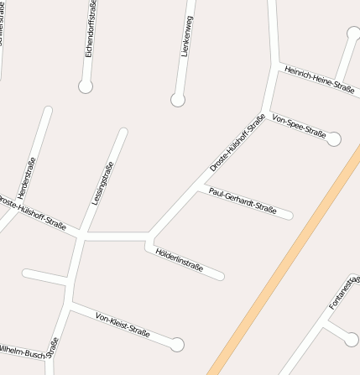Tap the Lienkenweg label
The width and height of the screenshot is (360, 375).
coord(186,35)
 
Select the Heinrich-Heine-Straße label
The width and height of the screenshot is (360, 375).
coord(320,77)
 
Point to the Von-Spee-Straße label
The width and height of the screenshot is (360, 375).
coord(299,126)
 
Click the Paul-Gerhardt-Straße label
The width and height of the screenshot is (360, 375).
coord(243,200)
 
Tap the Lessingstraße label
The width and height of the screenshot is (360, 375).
coord(103,184)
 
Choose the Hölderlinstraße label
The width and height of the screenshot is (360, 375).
coord(180,258)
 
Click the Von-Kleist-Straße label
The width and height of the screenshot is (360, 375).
coord(123,325)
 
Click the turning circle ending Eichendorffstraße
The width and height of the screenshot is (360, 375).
coord(85,86)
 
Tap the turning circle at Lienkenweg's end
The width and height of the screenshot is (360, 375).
coord(177,100)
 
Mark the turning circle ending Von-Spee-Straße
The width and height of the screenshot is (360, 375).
coord(334,139)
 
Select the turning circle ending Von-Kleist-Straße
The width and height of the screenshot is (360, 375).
coord(176,344)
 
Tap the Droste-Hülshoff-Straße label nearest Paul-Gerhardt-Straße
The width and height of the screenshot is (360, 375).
coord(237,142)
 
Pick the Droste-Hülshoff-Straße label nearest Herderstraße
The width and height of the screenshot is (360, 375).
coord(34,212)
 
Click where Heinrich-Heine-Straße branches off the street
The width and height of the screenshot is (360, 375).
coord(275,64)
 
